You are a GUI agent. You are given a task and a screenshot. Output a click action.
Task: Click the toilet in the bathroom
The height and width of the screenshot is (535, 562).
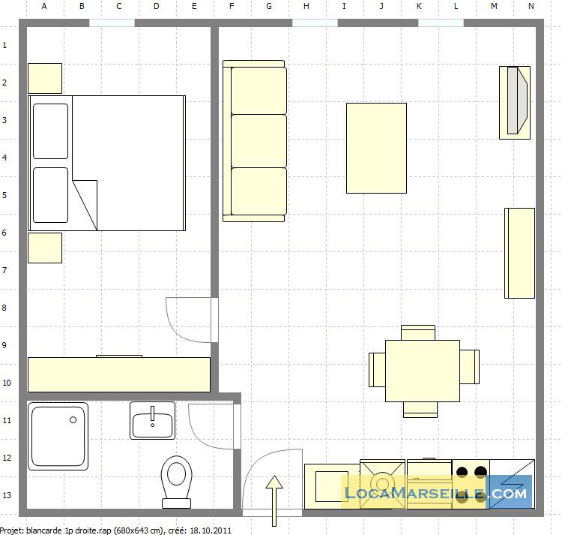click(176, 482)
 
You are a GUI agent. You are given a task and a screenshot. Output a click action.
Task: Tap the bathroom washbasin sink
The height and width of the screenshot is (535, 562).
click(152, 420)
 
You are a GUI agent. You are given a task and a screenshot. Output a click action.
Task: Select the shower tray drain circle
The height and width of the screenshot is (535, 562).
click(73, 419)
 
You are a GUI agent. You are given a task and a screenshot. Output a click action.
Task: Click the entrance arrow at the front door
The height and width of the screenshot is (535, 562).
click(274, 501)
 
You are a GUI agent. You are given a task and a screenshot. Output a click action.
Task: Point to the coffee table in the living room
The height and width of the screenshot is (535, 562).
click(376, 148)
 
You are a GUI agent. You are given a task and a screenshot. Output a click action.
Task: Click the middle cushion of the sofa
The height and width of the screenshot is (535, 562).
click(259, 141)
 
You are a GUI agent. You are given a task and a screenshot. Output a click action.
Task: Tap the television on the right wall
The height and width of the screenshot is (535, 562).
click(515, 103)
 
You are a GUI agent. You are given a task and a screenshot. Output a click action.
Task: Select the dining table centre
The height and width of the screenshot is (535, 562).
click(423, 371)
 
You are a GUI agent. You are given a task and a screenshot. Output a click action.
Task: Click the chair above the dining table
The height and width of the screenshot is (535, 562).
click(418, 332)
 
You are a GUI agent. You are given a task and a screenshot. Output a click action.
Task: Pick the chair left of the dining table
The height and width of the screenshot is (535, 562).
click(377, 370)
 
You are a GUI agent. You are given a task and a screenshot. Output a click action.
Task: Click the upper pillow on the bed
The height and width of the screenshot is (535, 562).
click(50, 131)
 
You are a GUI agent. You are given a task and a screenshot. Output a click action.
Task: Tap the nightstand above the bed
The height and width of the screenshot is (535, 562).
click(45, 78)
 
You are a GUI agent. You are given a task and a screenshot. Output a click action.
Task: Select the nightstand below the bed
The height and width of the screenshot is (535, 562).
click(45, 248)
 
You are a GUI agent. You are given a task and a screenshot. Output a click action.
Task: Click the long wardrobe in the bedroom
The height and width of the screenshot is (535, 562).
click(119, 374)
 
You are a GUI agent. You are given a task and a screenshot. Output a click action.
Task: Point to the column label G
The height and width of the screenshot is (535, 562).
click(269, 6)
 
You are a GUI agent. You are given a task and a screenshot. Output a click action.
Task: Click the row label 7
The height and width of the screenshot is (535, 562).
click(4, 270)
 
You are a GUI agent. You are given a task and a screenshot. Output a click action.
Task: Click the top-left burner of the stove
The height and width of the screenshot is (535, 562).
click(462, 471)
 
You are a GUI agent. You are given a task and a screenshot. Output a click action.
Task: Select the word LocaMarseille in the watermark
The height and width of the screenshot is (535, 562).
click(414, 493)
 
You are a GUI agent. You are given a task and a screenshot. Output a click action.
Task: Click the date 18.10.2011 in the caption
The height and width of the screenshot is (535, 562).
click(211, 530)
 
